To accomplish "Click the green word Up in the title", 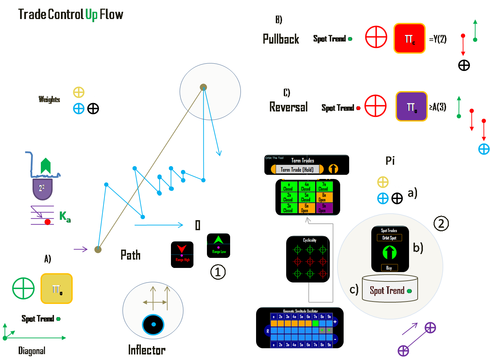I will (91, 15).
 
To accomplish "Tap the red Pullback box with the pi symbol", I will (409, 38).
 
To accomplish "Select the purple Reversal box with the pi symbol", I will (411, 107).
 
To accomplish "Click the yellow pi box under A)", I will (56, 289).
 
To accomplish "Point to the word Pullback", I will (281, 39).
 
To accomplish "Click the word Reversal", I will (288, 107).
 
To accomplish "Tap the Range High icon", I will (182, 255).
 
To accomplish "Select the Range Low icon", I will (218, 246).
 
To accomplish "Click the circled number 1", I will (218, 272).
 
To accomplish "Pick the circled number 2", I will (441, 224).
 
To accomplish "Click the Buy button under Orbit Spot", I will (389, 268).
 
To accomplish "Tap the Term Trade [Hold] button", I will (297, 169).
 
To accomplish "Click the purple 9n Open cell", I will (324, 208).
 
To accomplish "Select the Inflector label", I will (147, 350).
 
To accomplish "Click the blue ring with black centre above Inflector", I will (153, 324).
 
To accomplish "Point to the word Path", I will (130, 255).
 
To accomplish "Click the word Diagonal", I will (31, 351).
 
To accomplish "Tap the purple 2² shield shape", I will (42, 189).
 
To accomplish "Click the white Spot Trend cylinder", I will (390, 289).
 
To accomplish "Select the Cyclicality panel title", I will (309, 240).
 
